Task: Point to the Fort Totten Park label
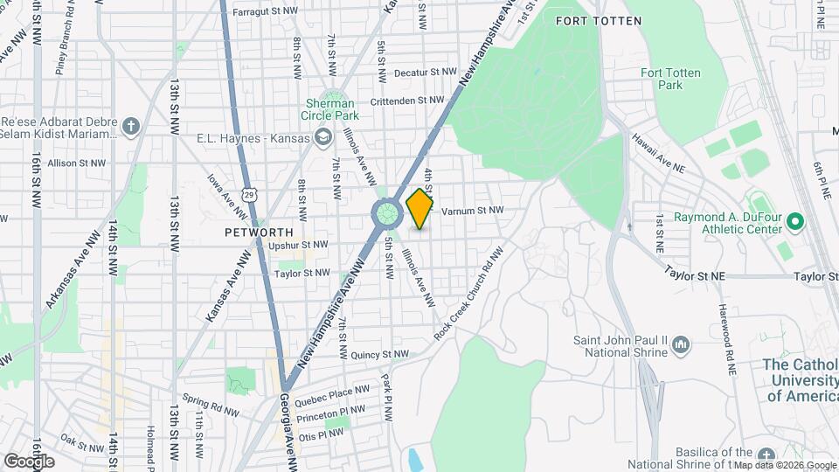(670, 79)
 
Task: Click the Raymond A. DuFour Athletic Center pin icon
(794, 222)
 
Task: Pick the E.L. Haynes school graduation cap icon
(323, 137)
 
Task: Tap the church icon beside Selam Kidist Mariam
(131, 128)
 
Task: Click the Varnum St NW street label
(473, 211)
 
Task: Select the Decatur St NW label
(426, 73)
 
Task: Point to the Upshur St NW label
(299, 246)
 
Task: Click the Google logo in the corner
(30, 461)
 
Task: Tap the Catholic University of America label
(800, 380)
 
